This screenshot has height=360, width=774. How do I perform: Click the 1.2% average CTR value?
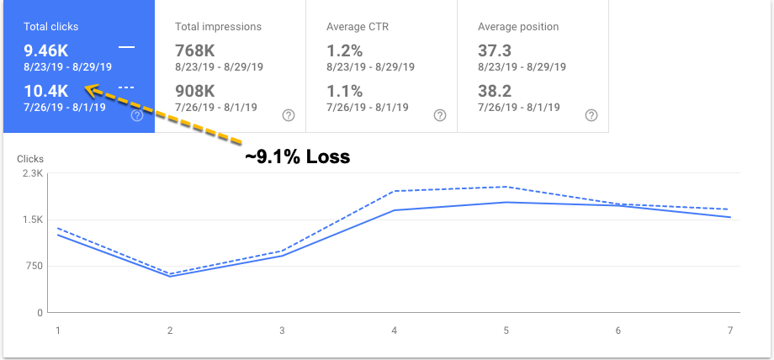click(x=344, y=48)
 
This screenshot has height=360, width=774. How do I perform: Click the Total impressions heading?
click(x=218, y=27)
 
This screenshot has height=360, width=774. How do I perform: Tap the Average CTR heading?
click(x=358, y=27)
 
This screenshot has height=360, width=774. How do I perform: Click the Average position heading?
click(x=517, y=27)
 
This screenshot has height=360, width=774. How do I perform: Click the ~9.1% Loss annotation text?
click(x=297, y=156)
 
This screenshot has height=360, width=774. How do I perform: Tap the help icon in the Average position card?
click(x=591, y=115)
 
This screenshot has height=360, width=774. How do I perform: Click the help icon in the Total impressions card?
click(x=288, y=115)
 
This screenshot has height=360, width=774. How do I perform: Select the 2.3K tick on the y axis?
click(x=32, y=173)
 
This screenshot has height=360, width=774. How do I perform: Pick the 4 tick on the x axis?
click(x=394, y=331)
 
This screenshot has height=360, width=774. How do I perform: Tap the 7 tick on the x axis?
click(x=729, y=331)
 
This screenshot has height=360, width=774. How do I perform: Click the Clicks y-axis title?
click(x=29, y=158)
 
